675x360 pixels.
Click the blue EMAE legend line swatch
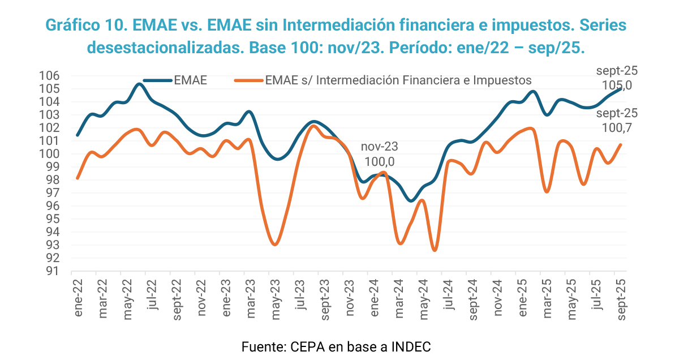157,80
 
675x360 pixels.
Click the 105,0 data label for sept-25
617,85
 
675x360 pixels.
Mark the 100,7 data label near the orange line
617,128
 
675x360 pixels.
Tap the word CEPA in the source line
307,346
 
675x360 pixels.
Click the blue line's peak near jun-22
139,84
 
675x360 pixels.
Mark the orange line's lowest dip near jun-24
434,250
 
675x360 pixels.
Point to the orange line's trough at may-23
274,245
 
